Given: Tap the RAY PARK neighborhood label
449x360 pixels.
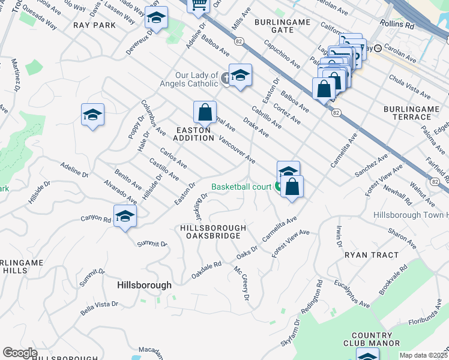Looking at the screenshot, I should pos(94,25).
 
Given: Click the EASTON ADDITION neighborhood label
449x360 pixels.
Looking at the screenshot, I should pos(194,134).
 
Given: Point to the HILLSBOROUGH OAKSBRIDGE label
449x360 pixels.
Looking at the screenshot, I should pos(213,232).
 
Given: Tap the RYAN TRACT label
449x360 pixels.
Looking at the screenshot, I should pos(372,255).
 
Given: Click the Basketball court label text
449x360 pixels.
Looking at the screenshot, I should pos(241,187).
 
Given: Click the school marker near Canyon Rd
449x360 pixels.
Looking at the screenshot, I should pos(125,215).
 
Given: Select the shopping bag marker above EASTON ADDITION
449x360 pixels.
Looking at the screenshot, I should pos(205,112).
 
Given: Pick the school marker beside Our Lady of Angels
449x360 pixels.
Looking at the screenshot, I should pos(240,76).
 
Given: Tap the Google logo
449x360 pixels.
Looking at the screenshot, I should pos(20,353).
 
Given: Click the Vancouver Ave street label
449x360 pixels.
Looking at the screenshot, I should pos(238,149).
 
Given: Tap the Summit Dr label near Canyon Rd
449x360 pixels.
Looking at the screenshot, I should pos(152,244).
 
